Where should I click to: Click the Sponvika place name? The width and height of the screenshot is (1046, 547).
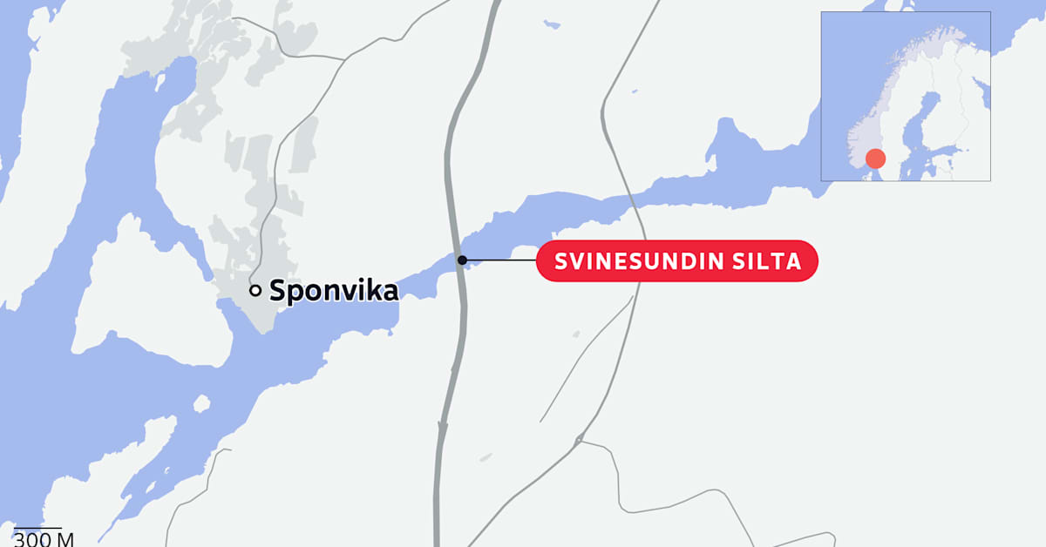coord(333,291)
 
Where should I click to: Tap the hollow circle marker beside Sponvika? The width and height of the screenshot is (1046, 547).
coord(255,291)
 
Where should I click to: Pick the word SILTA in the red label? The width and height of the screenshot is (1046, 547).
coord(771,261)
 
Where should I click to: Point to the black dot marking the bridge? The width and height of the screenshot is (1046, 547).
coord(463,260)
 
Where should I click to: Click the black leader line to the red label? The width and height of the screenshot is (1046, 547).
coord(500,260)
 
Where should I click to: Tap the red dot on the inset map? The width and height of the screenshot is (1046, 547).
coord(875,159)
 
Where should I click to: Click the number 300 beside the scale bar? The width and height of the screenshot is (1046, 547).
coord(31,539)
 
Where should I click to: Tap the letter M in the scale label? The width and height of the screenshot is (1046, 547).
coord(65,539)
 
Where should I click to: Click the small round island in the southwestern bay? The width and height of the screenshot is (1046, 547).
coord(201,404)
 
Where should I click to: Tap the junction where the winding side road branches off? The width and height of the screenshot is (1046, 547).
coord(578,441)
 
